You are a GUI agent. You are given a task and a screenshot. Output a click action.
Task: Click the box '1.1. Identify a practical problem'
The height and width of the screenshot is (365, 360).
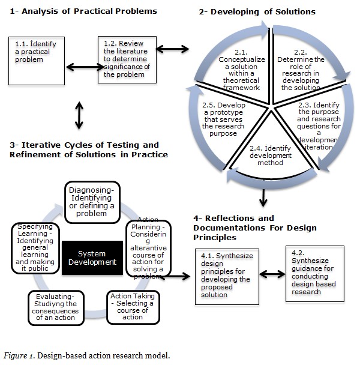point(34,61)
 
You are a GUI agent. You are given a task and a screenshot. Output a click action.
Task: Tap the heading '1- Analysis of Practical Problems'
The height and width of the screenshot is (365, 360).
point(83,11)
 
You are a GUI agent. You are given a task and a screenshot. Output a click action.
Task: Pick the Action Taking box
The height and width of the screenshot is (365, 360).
point(133,306)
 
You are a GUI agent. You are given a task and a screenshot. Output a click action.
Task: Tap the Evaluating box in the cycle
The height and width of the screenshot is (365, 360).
point(55,307)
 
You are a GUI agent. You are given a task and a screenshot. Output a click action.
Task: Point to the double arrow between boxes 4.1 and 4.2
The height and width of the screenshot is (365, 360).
point(271,274)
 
